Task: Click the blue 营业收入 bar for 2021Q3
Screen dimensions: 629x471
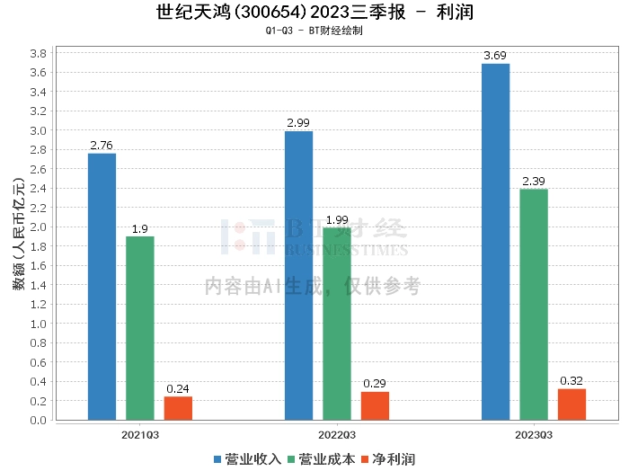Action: click(x=102, y=287)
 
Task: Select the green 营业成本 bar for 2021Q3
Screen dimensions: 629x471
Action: click(x=140, y=328)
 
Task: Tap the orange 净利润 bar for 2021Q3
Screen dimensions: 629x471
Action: click(x=178, y=408)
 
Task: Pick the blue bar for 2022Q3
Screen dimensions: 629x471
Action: click(x=299, y=276)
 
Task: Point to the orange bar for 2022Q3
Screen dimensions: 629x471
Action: click(x=375, y=406)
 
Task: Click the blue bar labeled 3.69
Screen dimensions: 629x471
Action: click(x=496, y=242)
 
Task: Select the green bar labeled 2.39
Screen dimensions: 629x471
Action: click(x=534, y=305)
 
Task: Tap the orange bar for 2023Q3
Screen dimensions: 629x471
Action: click(x=572, y=404)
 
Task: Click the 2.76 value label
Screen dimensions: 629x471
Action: click(x=102, y=146)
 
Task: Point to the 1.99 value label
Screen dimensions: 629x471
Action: click(x=337, y=220)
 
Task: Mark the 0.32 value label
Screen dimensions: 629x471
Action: click(x=571, y=381)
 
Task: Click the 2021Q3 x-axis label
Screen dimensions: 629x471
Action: click(x=140, y=435)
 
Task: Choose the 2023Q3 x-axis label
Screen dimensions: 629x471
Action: click(x=534, y=435)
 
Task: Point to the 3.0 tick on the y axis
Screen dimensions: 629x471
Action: click(x=38, y=131)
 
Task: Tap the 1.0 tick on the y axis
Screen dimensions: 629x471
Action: click(x=38, y=324)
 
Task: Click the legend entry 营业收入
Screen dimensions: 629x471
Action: click(x=247, y=459)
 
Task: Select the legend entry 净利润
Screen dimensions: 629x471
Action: click(x=388, y=459)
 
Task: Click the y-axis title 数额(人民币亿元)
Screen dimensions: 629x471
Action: click(x=19, y=234)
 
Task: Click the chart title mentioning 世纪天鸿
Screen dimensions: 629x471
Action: click(x=314, y=12)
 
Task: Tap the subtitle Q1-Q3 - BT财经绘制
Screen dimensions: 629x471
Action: click(x=314, y=31)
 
